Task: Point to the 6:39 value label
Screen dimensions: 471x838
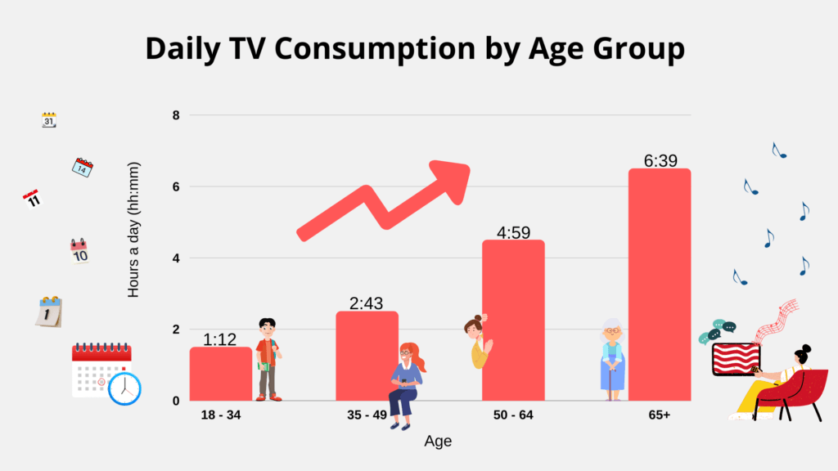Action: [x=660, y=161]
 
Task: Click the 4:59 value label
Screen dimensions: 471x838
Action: [x=513, y=233]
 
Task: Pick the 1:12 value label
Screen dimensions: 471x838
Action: [x=220, y=339]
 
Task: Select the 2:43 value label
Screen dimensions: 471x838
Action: [x=367, y=303]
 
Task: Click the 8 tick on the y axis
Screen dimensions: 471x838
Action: [x=176, y=115]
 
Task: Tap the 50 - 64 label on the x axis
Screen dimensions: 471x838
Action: [x=513, y=415]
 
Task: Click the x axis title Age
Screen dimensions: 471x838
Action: [x=438, y=442]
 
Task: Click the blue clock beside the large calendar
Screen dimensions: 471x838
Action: [x=124, y=388]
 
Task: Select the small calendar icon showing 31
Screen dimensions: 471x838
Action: [x=49, y=120]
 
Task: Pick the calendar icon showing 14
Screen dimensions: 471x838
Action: [x=82, y=168]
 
